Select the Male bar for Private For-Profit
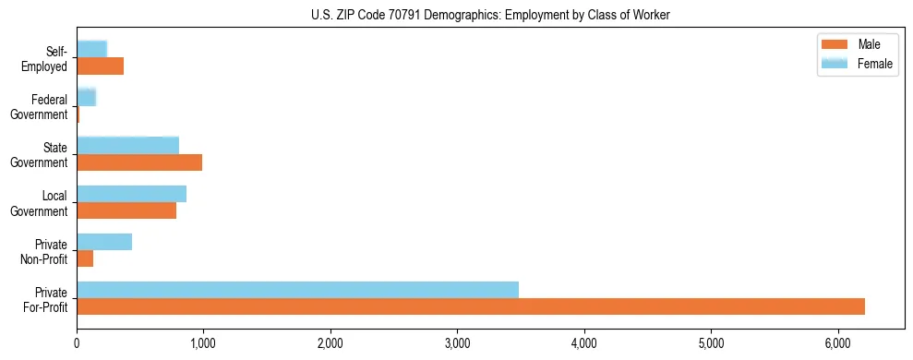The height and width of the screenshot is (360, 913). click(471, 306)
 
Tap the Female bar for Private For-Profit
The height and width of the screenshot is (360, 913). click(297, 289)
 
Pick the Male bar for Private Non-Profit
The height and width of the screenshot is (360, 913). click(85, 258)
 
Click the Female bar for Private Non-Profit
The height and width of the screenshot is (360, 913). click(104, 241)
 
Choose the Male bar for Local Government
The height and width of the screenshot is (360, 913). click(126, 210)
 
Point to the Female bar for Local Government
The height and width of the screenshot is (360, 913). click(131, 193)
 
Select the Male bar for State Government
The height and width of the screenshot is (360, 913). click(139, 162)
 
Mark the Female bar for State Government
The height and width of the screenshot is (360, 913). click(127, 145)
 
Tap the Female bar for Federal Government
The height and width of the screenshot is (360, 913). click(86, 97)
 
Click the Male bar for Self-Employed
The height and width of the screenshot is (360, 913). click(100, 66)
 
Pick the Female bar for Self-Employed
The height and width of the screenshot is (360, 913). click(91, 49)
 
